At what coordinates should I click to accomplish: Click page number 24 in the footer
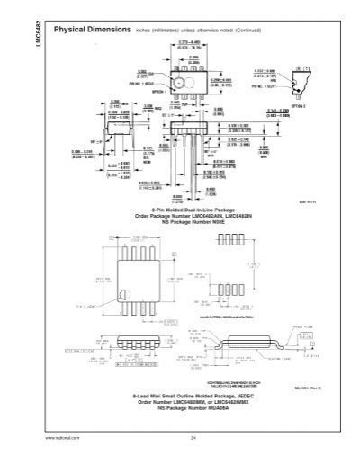pos(193,438)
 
